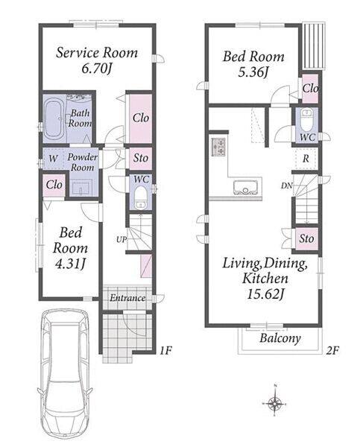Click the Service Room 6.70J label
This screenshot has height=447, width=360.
(x=97, y=60)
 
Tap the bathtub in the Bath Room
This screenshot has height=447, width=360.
(x=54, y=118)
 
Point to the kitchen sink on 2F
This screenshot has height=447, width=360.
(x=246, y=187)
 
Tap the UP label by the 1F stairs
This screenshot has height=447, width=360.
(x=121, y=239)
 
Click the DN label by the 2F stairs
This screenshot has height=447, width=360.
(x=287, y=186)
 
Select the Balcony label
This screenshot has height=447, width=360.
(x=280, y=339)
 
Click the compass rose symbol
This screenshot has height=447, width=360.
(x=275, y=403)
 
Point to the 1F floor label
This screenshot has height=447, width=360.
(x=165, y=350)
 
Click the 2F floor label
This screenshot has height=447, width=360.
(x=332, y=350)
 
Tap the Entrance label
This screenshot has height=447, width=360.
(x=127, y=298)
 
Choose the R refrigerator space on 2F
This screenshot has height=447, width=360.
(x=306, y=159)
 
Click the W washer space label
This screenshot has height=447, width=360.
(x=53, y=159)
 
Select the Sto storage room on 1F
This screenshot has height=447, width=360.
(x=141, y=158)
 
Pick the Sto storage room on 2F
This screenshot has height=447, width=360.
(x=306, y=239)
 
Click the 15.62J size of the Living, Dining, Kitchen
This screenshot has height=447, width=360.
(x=265, y=294)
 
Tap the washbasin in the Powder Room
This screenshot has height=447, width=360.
(x=81, y=188)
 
